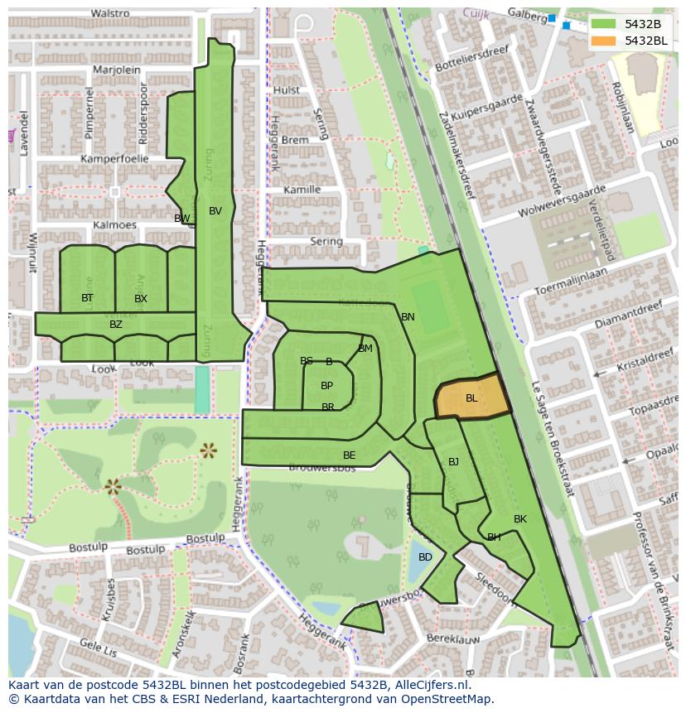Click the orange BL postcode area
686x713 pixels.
(471, 398)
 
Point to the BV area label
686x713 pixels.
(215, 211)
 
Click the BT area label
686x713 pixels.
(87, 298)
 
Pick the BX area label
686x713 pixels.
(141, 299)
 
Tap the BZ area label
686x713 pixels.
(116, 325)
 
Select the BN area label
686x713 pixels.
(408, 317)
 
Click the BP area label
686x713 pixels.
(326, 386)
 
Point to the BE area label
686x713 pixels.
(349, 455)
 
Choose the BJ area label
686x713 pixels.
(453, 462)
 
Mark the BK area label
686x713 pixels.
(519, 519)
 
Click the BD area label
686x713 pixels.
(425, 557)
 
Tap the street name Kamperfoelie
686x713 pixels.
(114, 158)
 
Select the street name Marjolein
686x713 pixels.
(117, 70)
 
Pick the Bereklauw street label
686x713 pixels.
(454, 639)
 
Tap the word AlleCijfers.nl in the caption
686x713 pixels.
(430, 686)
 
